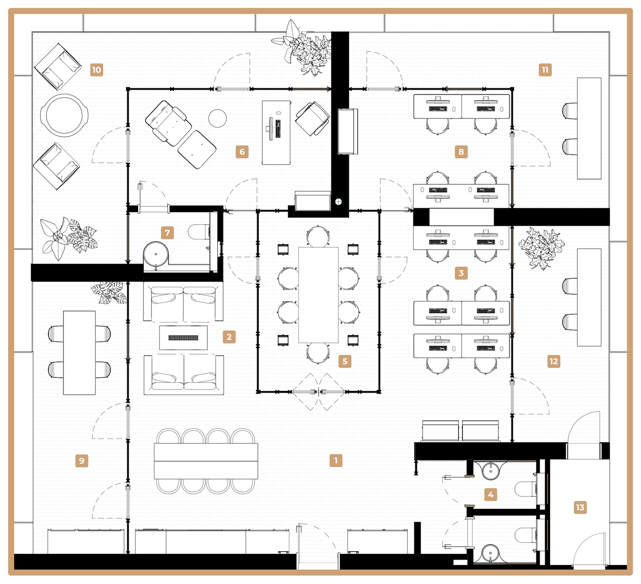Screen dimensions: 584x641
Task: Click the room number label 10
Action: click(x=97, y=70)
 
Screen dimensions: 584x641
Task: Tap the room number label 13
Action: click(x=580, y=507)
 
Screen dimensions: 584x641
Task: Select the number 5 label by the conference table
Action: click(x=345, y=361)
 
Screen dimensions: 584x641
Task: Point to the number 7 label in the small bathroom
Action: click(x=167, y=233)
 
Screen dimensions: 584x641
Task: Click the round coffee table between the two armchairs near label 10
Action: click(x=64, y=115)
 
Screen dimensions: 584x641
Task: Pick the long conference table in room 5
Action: click(x=318, y=294)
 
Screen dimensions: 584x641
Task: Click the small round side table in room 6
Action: click(x=217, y=118)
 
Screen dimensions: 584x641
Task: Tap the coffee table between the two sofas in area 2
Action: click(x=183, y=337)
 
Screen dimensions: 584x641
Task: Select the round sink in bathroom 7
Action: click(x=156, y=254)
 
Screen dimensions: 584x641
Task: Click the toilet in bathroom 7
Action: click(x=198, y=232)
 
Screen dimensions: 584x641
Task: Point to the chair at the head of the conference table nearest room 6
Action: click(x=318, y=236)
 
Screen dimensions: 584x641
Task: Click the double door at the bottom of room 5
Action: click(x=318, y=392)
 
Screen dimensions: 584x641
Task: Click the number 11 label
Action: click(x=545, y=70)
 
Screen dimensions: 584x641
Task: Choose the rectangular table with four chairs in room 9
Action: click(x=79, y=352)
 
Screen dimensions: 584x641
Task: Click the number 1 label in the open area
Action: click(x=336, y=460)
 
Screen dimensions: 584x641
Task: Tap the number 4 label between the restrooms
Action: click(x=490, y=494)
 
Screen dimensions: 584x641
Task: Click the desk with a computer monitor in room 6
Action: click(x=276, y=132)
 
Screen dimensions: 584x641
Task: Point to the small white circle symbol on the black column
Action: click(x=338, y=202)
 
